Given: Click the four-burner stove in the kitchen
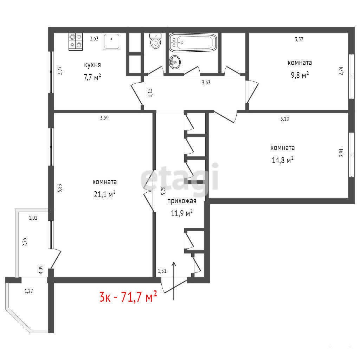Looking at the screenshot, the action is [76, 42].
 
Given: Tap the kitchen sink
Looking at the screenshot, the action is [111, 41].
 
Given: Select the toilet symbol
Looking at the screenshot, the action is [155, 41].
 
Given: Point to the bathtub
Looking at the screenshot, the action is [193, 43].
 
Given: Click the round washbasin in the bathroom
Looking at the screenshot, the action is [175, 62].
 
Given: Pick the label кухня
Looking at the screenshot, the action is [92, 65].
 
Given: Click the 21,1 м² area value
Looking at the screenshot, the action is [105, 194].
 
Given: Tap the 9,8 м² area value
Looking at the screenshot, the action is [300, 75].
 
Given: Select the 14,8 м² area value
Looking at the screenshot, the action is [283, 160].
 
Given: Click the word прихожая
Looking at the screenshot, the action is [182, 201].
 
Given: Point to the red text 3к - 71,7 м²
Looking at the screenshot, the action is [128, 296].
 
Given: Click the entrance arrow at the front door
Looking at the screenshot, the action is [174, 281].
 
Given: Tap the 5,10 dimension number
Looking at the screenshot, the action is [285, 119].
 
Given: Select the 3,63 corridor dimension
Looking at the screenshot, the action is [206, 83].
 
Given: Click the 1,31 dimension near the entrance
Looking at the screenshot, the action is [162, 271].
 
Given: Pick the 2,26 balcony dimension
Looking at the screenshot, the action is [25, 242].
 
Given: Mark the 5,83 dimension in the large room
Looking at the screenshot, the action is [60, 188].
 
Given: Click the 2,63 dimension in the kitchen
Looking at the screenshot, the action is [94, 39].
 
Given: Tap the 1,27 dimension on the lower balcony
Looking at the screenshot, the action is [29, 291].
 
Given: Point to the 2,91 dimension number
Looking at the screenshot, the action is [341, 152].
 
